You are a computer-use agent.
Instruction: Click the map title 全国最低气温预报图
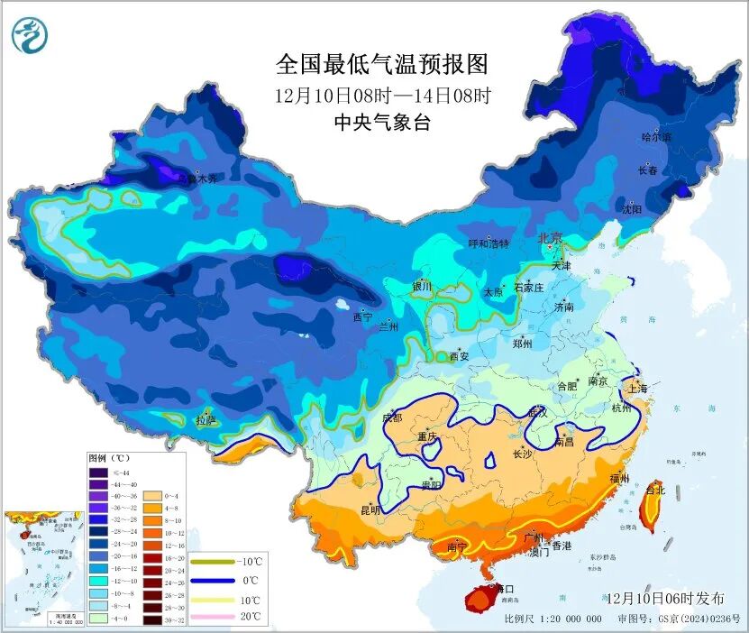pos(382,65)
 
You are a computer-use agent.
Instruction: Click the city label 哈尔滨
pos(655,137)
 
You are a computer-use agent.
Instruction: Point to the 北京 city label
pos(550,239)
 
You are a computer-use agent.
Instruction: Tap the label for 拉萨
pos(206,419)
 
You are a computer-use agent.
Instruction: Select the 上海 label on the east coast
pos(637,389)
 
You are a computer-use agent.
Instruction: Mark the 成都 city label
pos(392,417)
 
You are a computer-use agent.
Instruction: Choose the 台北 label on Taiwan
pos(655,491)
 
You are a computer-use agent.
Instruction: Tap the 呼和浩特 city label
pos(489,244)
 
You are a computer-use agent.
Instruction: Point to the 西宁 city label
pos(362,317)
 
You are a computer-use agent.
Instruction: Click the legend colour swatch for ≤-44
pos(97,472)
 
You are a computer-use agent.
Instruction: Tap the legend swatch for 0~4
pos(149,496)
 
